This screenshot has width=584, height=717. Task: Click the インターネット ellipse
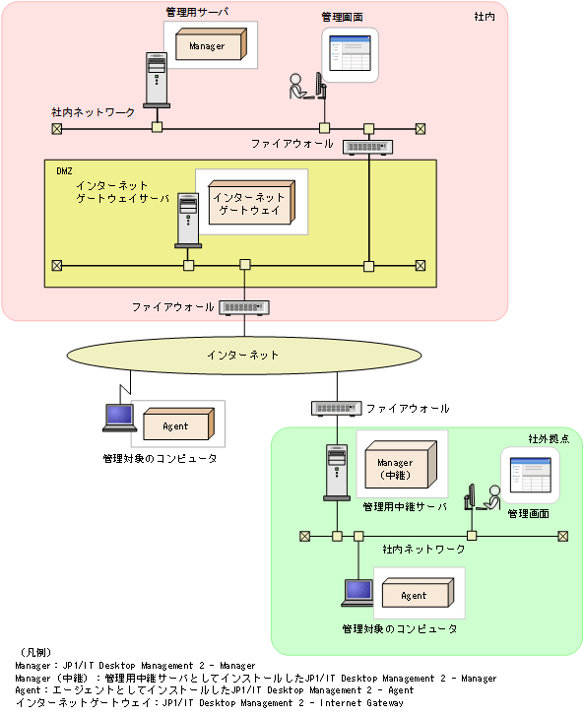pyautogui.click(x=242, y=355)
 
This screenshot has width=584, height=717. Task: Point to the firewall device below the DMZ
pyautogui.click(x=244, y=307)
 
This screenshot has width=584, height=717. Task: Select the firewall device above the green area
pyautogui.click(x=336, y=408)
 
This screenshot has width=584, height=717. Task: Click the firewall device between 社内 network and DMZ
pyautogui.click(x=368, y=147)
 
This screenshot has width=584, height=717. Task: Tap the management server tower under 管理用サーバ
pyautogui.click(x=156, y=80)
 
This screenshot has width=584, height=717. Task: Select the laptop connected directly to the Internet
pyautogui.click(x=120, y=418)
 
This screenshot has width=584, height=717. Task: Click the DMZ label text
pyautogui.click(x=65, y=170)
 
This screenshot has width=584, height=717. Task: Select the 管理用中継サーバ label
pyautogui.click(x=404, y=507)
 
